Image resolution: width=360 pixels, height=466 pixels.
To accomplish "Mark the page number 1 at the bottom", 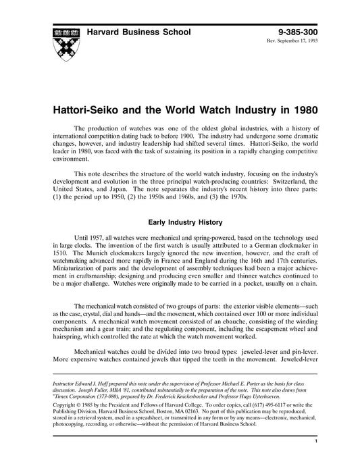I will click(316, 441).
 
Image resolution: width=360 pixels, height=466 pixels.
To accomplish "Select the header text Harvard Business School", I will click(140, 32).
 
